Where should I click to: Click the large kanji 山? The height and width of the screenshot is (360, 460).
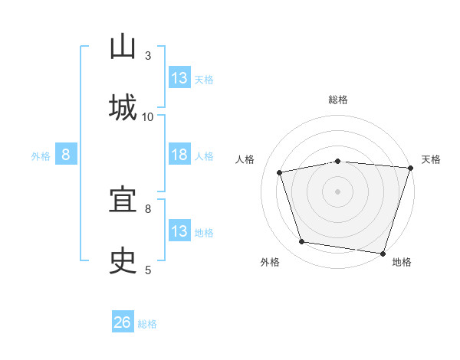coord(123,46)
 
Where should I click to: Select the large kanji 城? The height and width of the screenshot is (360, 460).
coord(123,107)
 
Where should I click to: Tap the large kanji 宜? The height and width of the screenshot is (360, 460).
coord(123,198)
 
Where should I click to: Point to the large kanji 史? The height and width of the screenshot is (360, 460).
coord(123,260)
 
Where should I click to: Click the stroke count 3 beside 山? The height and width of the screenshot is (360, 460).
coord(148,56)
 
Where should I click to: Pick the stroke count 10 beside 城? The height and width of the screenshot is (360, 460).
coord(147,117)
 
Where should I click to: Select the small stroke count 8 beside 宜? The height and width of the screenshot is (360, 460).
coord(148,209)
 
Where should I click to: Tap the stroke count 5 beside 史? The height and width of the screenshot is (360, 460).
coord(148,270)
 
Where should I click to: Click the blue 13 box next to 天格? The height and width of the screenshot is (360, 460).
coord(179,77)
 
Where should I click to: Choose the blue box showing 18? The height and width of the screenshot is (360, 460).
coord(179,154)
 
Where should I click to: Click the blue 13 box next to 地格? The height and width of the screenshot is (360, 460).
coord(179,230)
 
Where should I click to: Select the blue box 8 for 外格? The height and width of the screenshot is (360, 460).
coord(66,154)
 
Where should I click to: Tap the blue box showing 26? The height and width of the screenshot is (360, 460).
coord(123,321)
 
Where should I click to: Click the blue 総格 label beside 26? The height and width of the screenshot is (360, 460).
coord(147,324)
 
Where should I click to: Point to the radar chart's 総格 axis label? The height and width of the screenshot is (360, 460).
coord(338,100)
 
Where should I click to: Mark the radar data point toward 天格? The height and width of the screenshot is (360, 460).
coord(411,168)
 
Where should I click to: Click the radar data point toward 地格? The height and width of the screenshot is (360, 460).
coord(383,254)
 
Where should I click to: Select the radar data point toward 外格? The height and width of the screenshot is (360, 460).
coord(301,242)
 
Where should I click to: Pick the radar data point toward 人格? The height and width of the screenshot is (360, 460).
coord(280,172)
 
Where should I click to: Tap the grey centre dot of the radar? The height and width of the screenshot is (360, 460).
coord(337,191)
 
